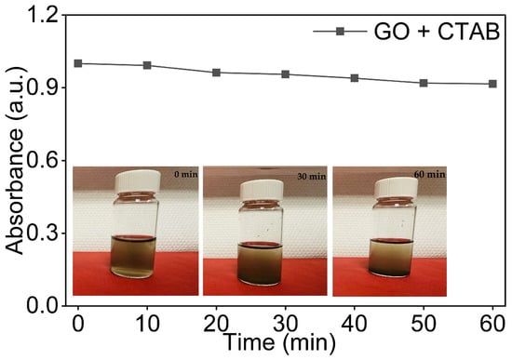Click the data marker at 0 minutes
77,63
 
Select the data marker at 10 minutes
147,65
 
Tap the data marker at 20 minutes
216,73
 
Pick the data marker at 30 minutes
286,74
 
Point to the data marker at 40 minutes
355,78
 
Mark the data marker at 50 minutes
424,83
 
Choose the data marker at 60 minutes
492,84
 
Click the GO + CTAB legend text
437,32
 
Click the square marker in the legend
340,32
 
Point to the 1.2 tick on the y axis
44,15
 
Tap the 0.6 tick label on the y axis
43,161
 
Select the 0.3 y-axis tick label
43,233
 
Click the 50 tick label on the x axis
424,324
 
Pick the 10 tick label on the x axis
147,324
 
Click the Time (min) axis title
280,343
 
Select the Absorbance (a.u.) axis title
15,161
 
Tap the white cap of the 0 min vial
138,180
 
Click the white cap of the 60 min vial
396,188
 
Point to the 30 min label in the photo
312,177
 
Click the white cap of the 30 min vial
262,191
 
